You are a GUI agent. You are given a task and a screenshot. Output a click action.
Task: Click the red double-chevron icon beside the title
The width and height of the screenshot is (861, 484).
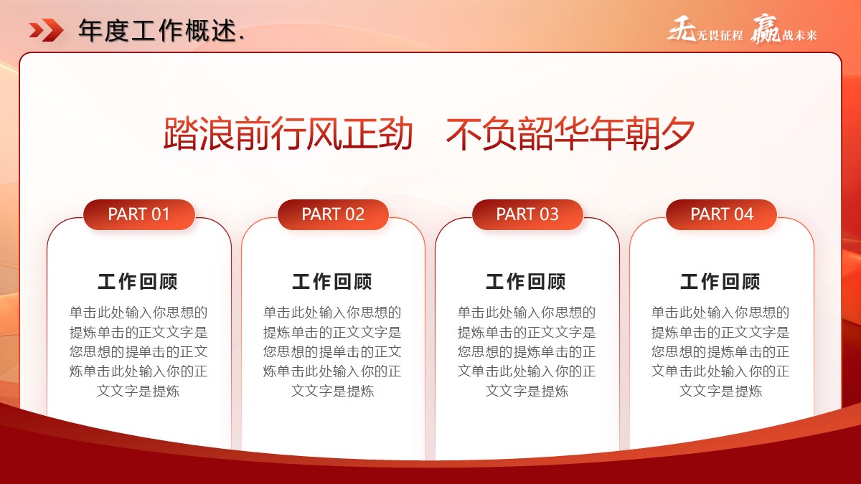tap(46, 30)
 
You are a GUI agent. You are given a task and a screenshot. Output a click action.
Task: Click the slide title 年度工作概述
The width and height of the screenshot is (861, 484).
tap(158, 30)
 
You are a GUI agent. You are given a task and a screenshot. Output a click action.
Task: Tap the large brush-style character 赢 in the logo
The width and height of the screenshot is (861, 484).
tap(766, 29)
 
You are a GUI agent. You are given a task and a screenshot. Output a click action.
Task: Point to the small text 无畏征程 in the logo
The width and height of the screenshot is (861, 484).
tap(720, 36)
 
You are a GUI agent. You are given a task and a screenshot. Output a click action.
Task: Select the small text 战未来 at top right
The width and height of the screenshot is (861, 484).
tap(800, 36)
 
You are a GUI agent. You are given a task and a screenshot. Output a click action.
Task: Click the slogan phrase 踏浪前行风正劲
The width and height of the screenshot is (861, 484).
tap(288, 133)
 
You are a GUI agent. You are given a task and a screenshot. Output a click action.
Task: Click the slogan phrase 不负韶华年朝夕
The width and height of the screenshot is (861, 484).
tap(570, 133)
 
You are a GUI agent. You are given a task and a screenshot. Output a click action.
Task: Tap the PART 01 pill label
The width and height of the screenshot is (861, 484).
tap(138, 214)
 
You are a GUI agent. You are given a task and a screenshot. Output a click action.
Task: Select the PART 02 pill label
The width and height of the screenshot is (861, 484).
tap(333, 214)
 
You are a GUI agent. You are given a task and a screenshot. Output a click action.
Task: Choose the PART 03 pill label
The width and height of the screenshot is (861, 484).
tap(527, 214)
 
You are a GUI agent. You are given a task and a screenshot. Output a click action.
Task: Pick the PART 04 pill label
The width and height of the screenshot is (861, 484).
tap(722, 214)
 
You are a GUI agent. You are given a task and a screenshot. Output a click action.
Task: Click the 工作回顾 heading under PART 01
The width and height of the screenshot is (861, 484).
tap(138, 282)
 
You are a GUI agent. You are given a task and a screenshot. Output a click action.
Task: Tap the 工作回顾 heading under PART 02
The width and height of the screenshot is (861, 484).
tap(332, 282)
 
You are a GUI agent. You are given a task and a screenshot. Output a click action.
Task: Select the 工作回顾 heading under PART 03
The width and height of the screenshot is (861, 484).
tap(526, 282)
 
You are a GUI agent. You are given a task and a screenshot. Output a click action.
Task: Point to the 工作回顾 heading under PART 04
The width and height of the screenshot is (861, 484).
tap(720, 282)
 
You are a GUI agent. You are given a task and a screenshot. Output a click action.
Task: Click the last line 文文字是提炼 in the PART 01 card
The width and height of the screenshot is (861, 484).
tap(138, 391)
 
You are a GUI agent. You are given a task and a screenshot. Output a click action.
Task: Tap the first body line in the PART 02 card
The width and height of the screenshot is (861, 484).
tap(332, 313)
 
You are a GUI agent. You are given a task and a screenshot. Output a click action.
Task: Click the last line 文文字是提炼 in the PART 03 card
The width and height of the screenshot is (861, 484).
tap(527, 391)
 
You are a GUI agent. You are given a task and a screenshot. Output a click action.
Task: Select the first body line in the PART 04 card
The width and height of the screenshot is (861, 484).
tap(720, 313)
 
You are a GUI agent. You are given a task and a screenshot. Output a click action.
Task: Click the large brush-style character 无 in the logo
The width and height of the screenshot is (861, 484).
tap(682, 29)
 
